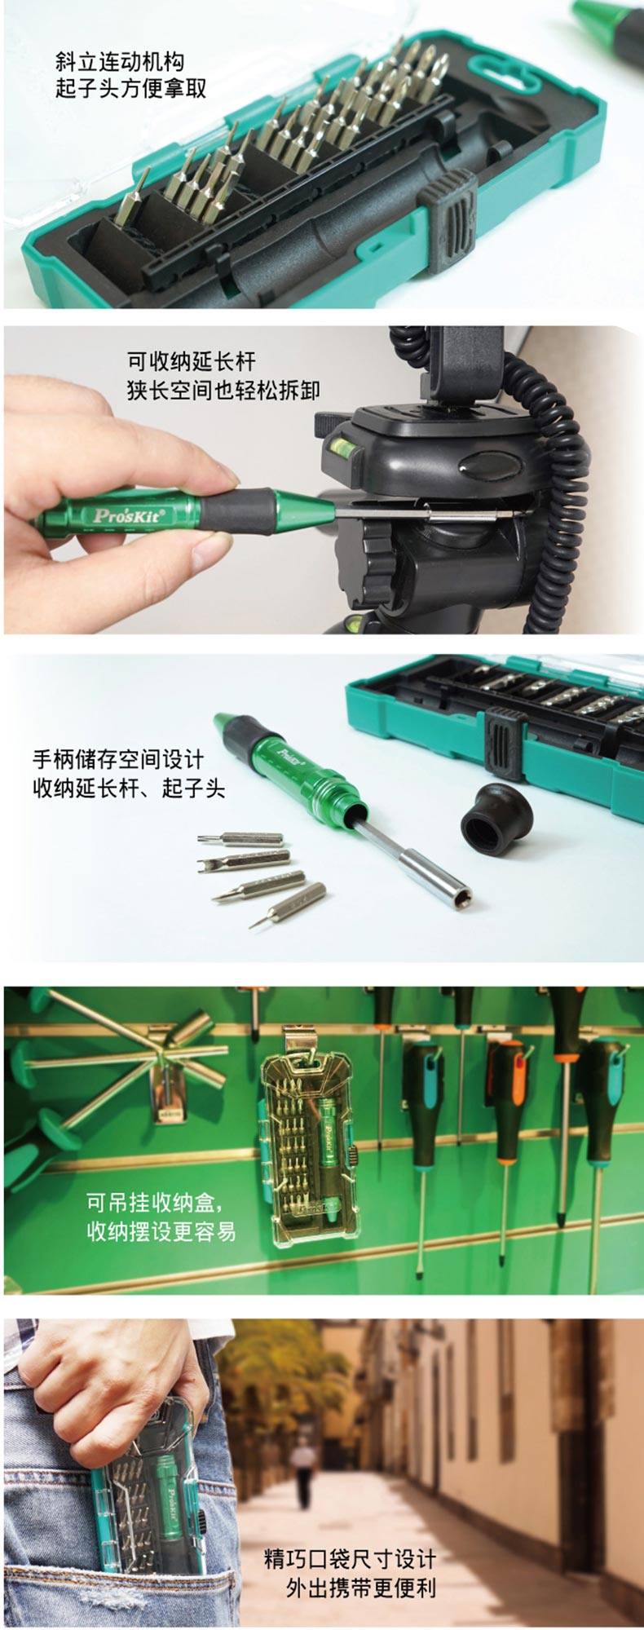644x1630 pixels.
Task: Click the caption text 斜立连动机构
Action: click(x=119, y=61)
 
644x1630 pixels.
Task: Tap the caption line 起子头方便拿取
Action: click(x=130, y=88)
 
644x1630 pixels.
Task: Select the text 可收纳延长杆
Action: click(x=192, y=360)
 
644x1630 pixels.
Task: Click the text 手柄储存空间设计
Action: click(x=118, y=759)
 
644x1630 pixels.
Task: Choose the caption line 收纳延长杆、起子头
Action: click(x=129, y=788)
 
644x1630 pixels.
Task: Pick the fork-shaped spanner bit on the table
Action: click(x=244, y=860)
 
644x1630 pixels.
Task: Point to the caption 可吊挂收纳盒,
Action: click(x=155, y=1202)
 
